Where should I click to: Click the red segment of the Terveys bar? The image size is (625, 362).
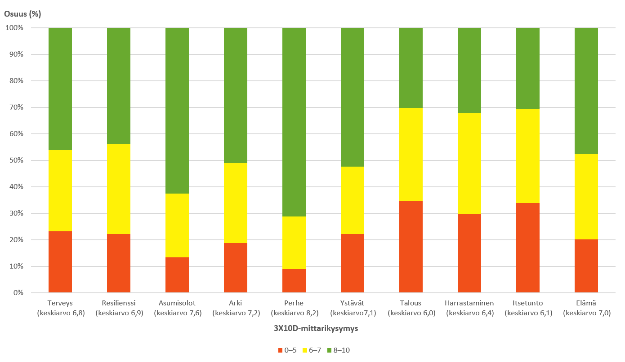tap(60, 262)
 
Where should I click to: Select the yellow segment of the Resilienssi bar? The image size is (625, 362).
tap(119, 189)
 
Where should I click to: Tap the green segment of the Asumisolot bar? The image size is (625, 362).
tap(177, 110)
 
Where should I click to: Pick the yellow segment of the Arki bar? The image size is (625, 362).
tap(236, 203)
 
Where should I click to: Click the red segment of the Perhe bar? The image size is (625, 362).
tap(294, 281)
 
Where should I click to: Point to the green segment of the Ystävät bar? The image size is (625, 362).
tap(353, 97)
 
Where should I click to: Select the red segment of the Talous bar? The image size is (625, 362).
tap(411, 247)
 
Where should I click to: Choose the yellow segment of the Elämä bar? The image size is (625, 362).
tap(586, 197)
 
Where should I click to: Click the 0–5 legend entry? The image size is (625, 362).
tap(287, 350)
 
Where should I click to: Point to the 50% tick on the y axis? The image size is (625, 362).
tap(17, 160)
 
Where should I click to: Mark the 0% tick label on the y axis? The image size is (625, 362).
tap(18, 293)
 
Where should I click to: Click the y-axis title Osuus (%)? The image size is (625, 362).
tap(22, 13)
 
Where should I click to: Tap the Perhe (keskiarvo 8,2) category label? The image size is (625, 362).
tap(294, 308)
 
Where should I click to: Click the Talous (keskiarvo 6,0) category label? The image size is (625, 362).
tap(411, 308)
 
